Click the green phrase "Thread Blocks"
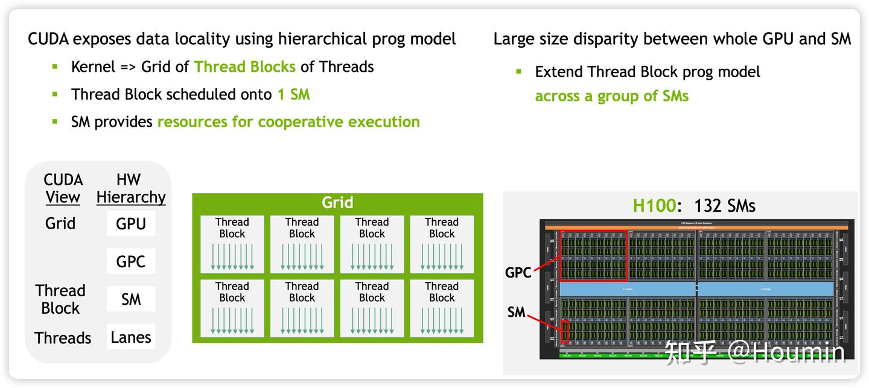(244, 67)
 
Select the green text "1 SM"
(293, 95)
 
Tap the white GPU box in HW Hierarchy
(131, 224)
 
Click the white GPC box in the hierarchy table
(131, 262)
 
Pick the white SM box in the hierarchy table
(131, 299)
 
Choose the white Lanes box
(131, 337)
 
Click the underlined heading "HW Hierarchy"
(130, 188)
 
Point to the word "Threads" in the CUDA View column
(63, 338)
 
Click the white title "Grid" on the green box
(337, 203)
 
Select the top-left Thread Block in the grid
(232, 244)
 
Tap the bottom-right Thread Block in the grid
(442, 308)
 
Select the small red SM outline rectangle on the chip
(565, 331)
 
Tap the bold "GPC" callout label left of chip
(518, 273)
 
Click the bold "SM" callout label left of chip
(516, 313)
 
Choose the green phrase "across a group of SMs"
(611, 96)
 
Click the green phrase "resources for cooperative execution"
(288, 122)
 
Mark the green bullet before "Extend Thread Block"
(518, 71)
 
